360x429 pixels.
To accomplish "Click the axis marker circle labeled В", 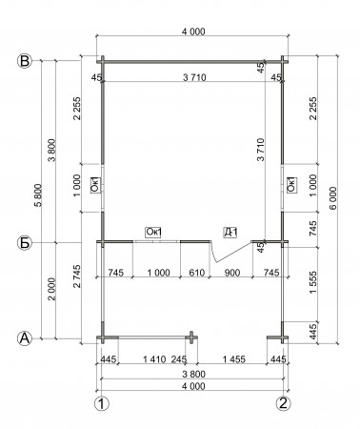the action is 25,61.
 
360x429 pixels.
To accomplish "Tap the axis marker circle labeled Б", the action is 25,243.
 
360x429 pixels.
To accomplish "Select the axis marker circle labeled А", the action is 25,338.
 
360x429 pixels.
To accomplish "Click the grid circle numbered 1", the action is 102,404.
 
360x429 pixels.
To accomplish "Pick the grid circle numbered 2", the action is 283,403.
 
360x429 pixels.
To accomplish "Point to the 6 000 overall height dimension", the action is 332,198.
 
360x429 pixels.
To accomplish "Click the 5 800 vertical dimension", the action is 38,195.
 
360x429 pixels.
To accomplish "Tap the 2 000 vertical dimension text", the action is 52,289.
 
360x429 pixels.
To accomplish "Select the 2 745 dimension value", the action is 77,276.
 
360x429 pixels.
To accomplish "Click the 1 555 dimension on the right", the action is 312,282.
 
